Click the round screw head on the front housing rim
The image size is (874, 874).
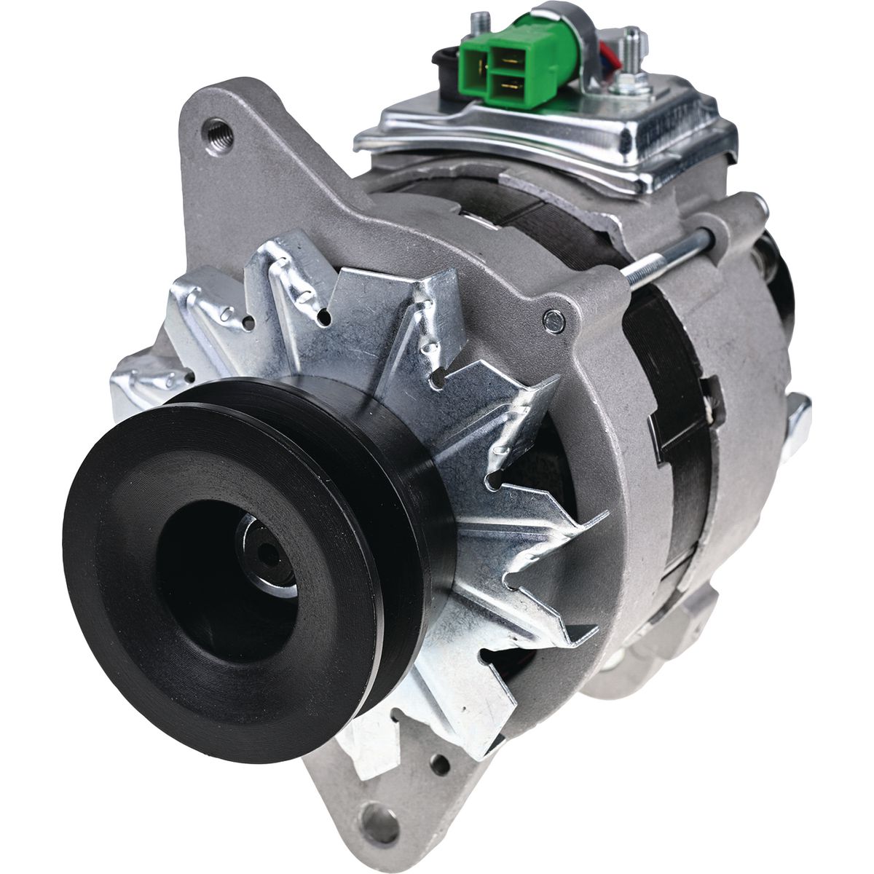click(554, 318)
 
